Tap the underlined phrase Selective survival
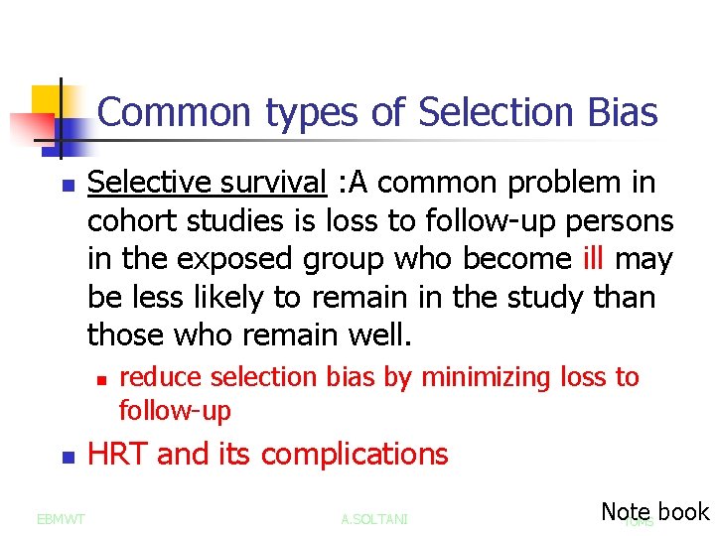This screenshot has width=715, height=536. click(x=207, y=183)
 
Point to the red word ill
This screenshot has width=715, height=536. click(x=594, y=259)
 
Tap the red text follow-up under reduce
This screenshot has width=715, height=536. click(x=174, y=409)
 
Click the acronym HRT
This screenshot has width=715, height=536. click(x=118, y=455)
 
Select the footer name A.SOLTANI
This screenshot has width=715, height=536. click(x=373, y=518)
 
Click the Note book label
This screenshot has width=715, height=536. click(x=654, y=512)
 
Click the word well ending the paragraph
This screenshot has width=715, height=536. click(x=377, y=335)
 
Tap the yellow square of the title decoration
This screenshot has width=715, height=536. click(x=47, y=100)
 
